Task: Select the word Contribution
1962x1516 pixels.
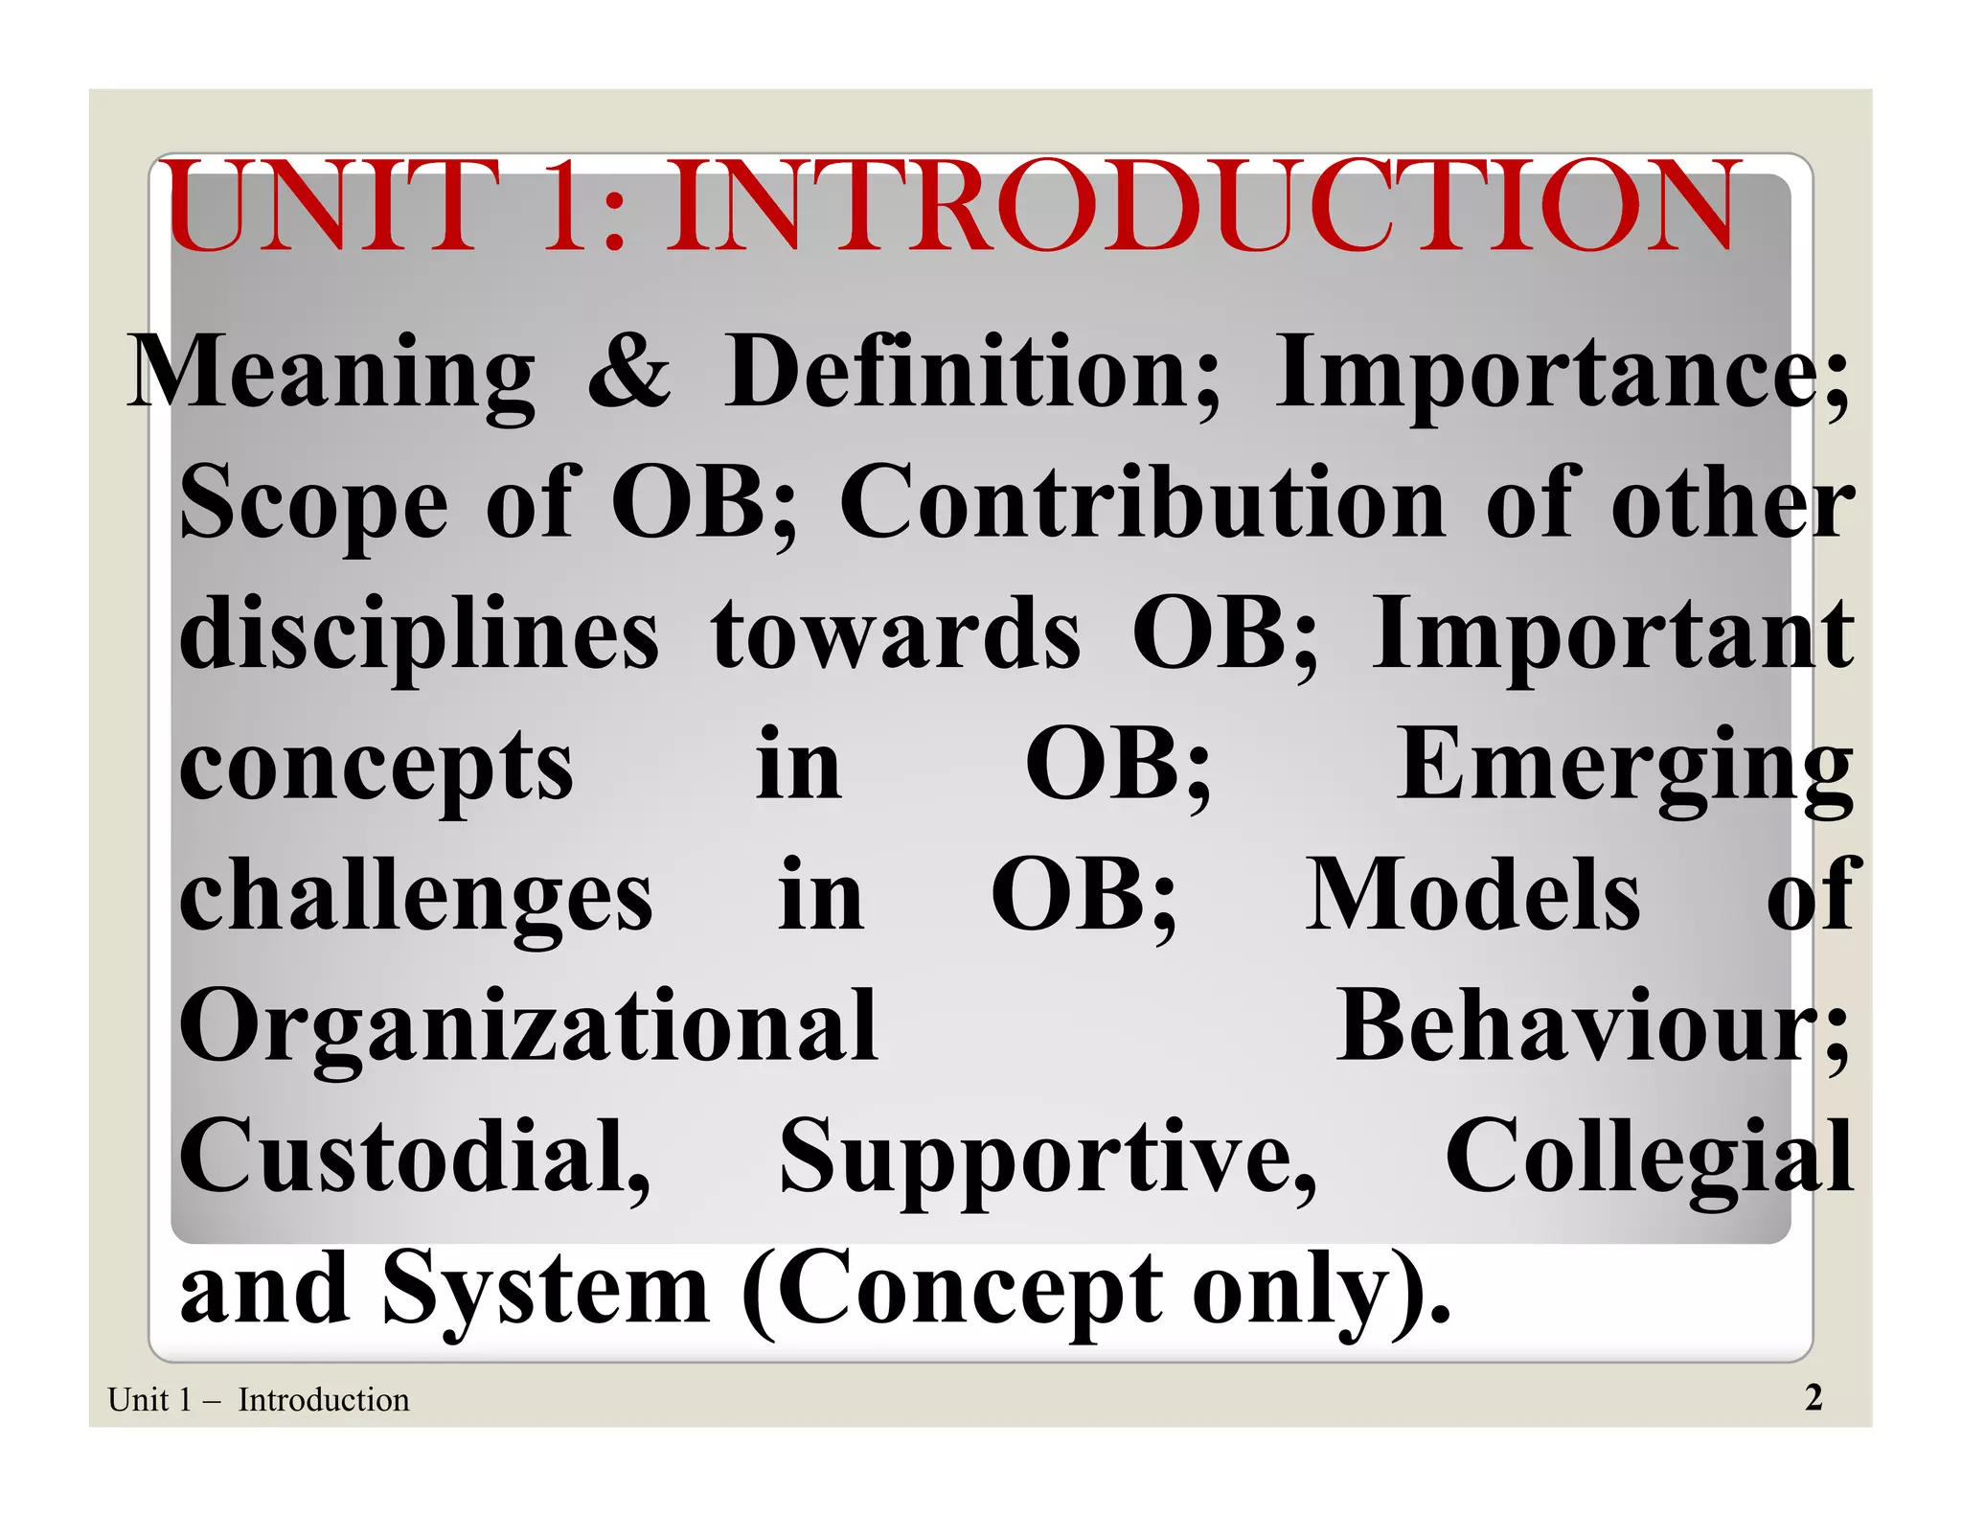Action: click(1143, 503)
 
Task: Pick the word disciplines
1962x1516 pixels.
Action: click(420, 634)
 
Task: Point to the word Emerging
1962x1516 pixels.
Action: click(1624, 767)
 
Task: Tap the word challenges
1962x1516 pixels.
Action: click(417, 896)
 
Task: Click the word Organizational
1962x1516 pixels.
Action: click(529, 1027)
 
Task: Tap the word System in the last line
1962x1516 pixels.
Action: click(546, 1289)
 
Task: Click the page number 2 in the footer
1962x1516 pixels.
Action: click(1813, 1398)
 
